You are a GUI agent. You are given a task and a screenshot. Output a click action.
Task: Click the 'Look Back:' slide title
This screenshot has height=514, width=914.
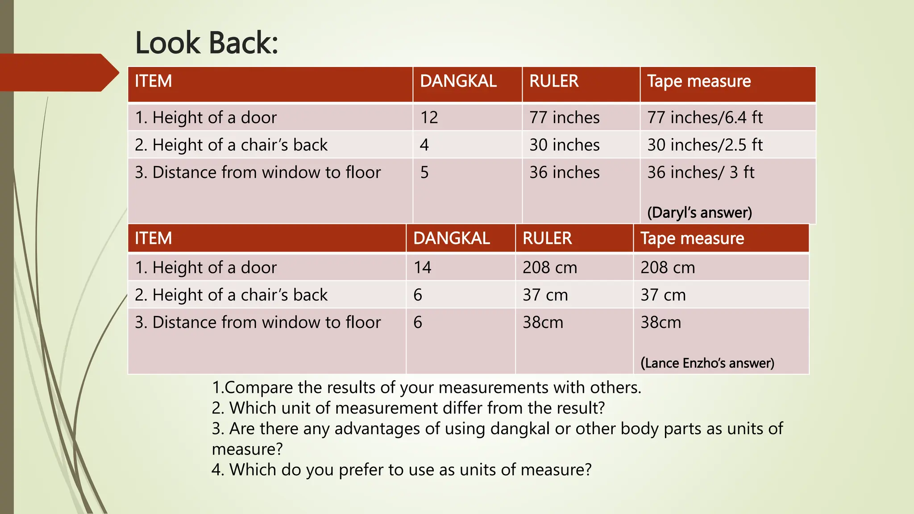tap(206, 43)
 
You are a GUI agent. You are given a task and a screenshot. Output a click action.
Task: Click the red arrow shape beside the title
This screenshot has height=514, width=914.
tap(58, 73)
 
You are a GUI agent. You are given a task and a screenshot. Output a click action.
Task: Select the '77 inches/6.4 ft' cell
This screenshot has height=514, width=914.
tap(705, 118)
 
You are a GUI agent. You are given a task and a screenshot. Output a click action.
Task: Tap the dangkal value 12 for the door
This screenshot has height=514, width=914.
tap(429, 118)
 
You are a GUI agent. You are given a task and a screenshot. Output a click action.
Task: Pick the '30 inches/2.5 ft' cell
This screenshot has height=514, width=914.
tap(705, 145)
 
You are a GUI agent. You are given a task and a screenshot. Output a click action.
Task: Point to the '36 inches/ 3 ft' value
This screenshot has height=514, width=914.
tap(701, 173)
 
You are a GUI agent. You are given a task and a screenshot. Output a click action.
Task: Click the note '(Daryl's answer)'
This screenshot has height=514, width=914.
tap(699, 213)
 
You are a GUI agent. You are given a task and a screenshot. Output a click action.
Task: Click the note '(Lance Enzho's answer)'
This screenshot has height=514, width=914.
tap(707, 363)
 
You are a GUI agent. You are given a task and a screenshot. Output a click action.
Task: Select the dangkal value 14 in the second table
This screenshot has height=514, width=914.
tap(422, 268)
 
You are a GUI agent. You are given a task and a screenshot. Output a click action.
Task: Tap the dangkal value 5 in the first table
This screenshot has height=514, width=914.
tap(424, 173)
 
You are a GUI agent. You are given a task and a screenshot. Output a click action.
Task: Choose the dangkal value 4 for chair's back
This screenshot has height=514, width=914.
tap(424, 145)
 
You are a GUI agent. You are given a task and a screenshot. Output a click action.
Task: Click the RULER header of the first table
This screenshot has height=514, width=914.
tap(554, 82)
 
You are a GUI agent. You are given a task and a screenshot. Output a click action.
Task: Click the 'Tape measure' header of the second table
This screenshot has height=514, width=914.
tap(692, 239)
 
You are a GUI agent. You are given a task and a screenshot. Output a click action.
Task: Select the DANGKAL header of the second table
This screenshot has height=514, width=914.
tap(452, 239)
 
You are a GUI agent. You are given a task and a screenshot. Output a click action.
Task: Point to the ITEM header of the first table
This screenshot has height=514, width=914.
tap(153, 82)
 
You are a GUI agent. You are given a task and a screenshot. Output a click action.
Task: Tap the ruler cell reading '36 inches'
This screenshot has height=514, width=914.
tap(565, 173)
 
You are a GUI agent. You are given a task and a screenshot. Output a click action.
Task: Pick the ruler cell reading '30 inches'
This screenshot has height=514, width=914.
tap(565, 145)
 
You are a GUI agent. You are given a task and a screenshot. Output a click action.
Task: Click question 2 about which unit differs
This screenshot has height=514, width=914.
tap(408, 408)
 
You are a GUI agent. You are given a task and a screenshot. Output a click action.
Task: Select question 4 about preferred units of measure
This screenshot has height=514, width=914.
tap(401, 470)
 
